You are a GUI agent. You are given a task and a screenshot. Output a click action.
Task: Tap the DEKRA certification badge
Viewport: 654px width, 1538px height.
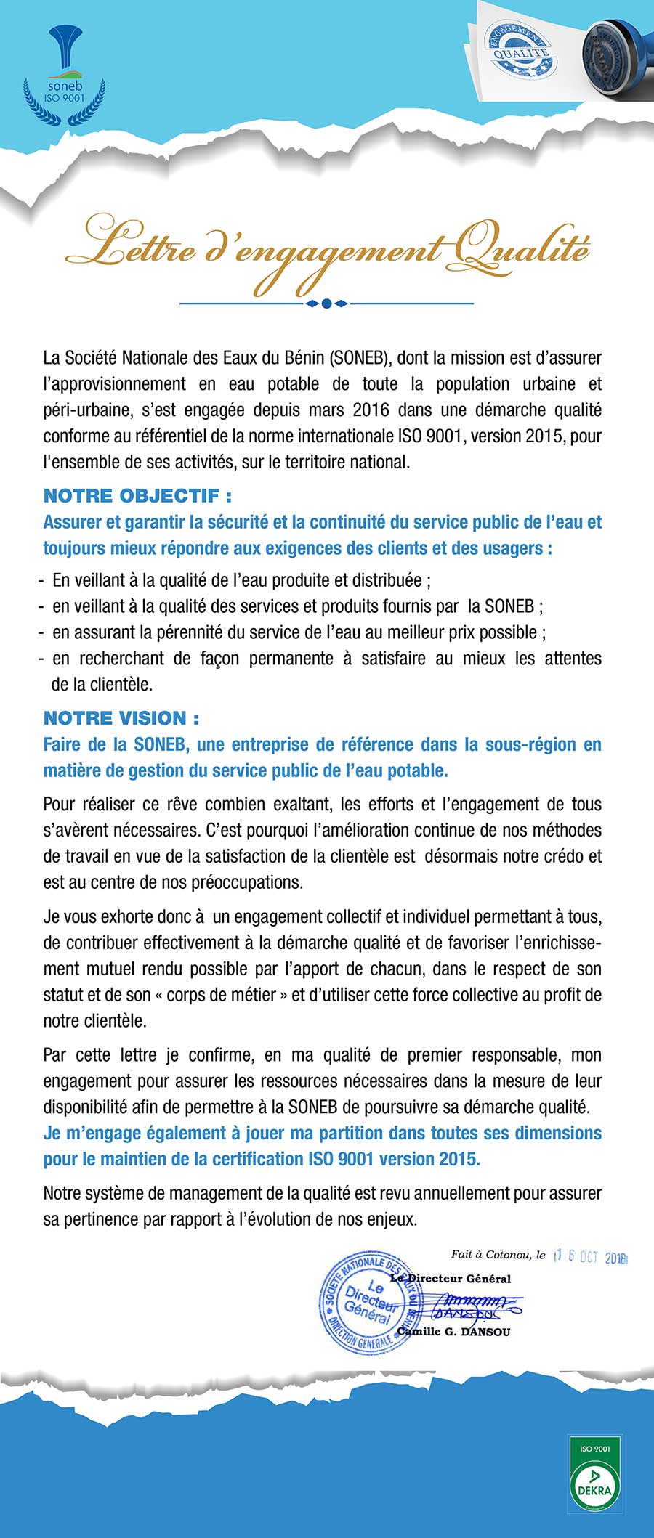(595, 1471)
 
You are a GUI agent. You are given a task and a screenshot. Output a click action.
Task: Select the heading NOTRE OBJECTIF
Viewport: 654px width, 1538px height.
(137, 496)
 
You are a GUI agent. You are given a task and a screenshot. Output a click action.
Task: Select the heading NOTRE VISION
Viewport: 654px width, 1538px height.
(121, 718)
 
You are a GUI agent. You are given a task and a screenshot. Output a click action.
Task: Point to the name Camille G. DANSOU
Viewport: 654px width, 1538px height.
(453, 1332)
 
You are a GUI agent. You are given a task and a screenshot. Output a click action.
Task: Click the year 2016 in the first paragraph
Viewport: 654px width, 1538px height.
(371, 410)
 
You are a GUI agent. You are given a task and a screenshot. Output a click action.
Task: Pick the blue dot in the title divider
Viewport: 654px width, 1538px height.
(326, 304)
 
